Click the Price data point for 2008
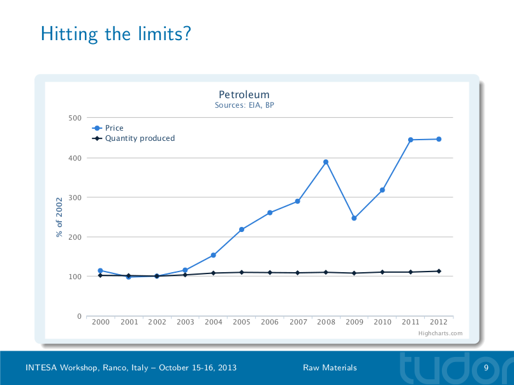click(x=326, y=162)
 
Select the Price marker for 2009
click(x=354, y=218)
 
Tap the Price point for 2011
click(x=411, y=140)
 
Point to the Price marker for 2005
click(x=242, y=229)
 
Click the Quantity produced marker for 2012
click(x=439, y=271)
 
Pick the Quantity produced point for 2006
click(x=270, y=272)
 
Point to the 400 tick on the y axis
click(x=75, y=157)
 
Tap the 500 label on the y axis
click(x=75, y=118)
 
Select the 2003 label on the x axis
click(x=186, y=322)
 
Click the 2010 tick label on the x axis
click(x=383, y=322)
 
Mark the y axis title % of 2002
click(x=59, y=217)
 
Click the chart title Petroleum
click(x=244, y=95)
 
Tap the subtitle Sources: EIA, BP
click(x=244, y=105)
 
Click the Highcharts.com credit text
click(x=441, y=333)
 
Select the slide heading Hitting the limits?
click(x=115, y=33)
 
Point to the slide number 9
click(x=486, y=368)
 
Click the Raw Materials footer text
click(x=330, y=368)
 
